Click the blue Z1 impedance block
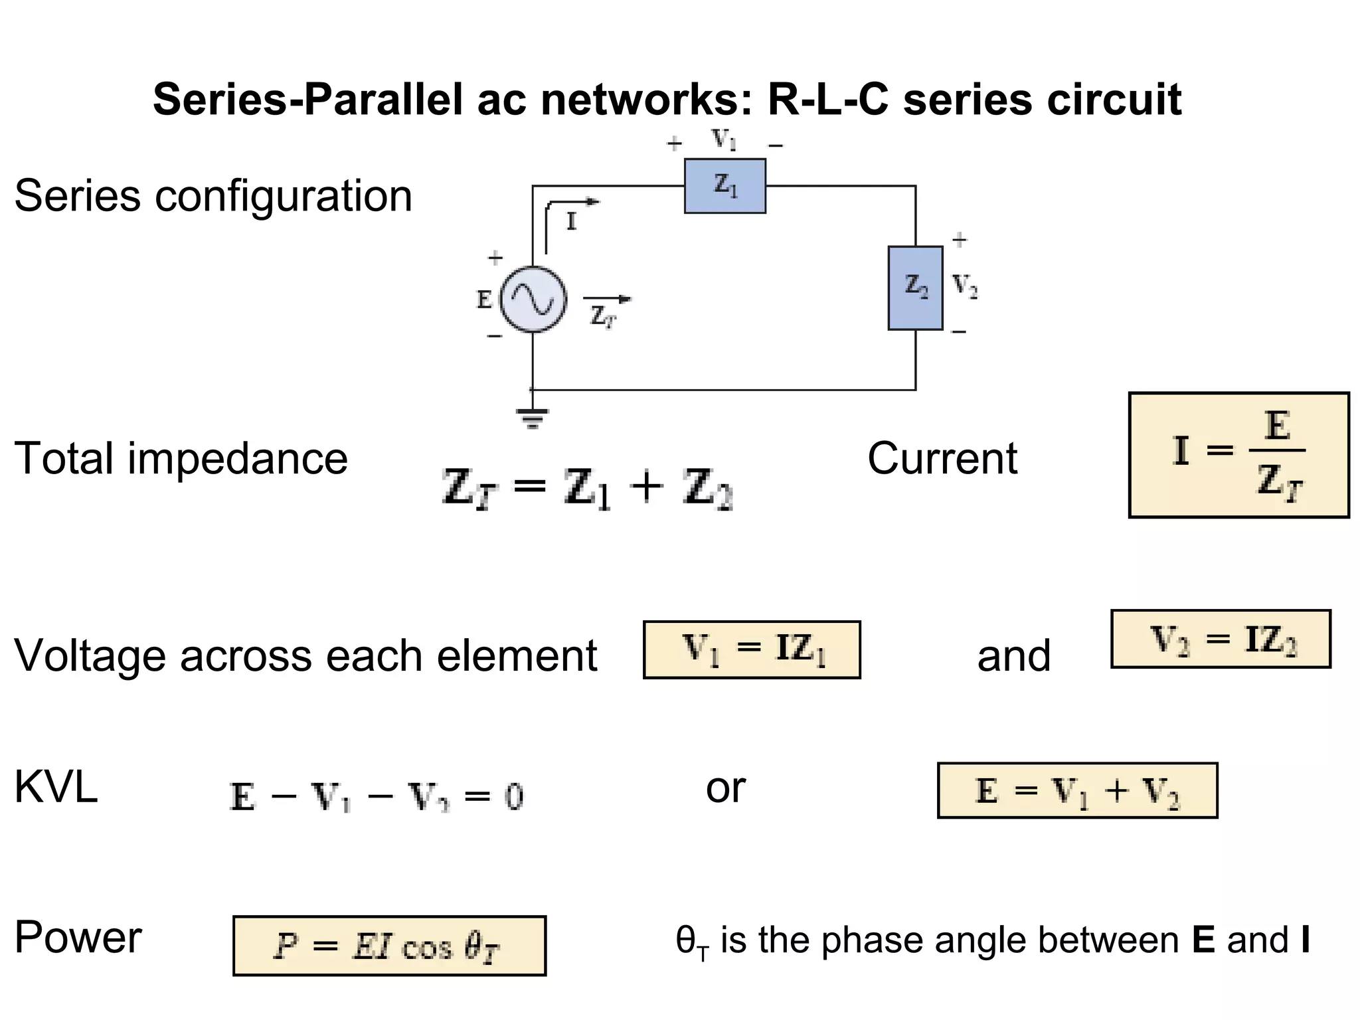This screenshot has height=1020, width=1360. [x=724, y=186]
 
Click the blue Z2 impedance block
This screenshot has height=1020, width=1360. [x=915, y=288]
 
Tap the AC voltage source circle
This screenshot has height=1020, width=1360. [x=533, y=299]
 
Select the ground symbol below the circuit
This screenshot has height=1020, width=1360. [x=532, y=418]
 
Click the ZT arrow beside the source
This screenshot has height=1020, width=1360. [x=607, y=301]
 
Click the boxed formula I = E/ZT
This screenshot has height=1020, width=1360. [x=1238, y=455]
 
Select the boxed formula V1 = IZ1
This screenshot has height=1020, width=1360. [x=752, y=649]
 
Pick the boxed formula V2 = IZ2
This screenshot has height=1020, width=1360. [x=1221, y=639]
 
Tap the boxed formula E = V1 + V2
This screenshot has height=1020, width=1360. [x=1077, y=790]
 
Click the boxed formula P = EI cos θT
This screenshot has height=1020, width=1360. [x=389, y=946]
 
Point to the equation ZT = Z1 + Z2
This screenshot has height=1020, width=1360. [x=587, y=488]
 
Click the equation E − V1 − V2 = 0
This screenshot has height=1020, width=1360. [x=377, y=796]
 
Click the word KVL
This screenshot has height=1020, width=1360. [x=56, y=788]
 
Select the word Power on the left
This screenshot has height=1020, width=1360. [x=78, y=938]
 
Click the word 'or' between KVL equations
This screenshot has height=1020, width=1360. [x=725, y=788]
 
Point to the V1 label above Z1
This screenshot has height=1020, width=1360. [x=724, y=140]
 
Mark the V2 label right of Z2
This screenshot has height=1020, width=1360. [x=965, y=286]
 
